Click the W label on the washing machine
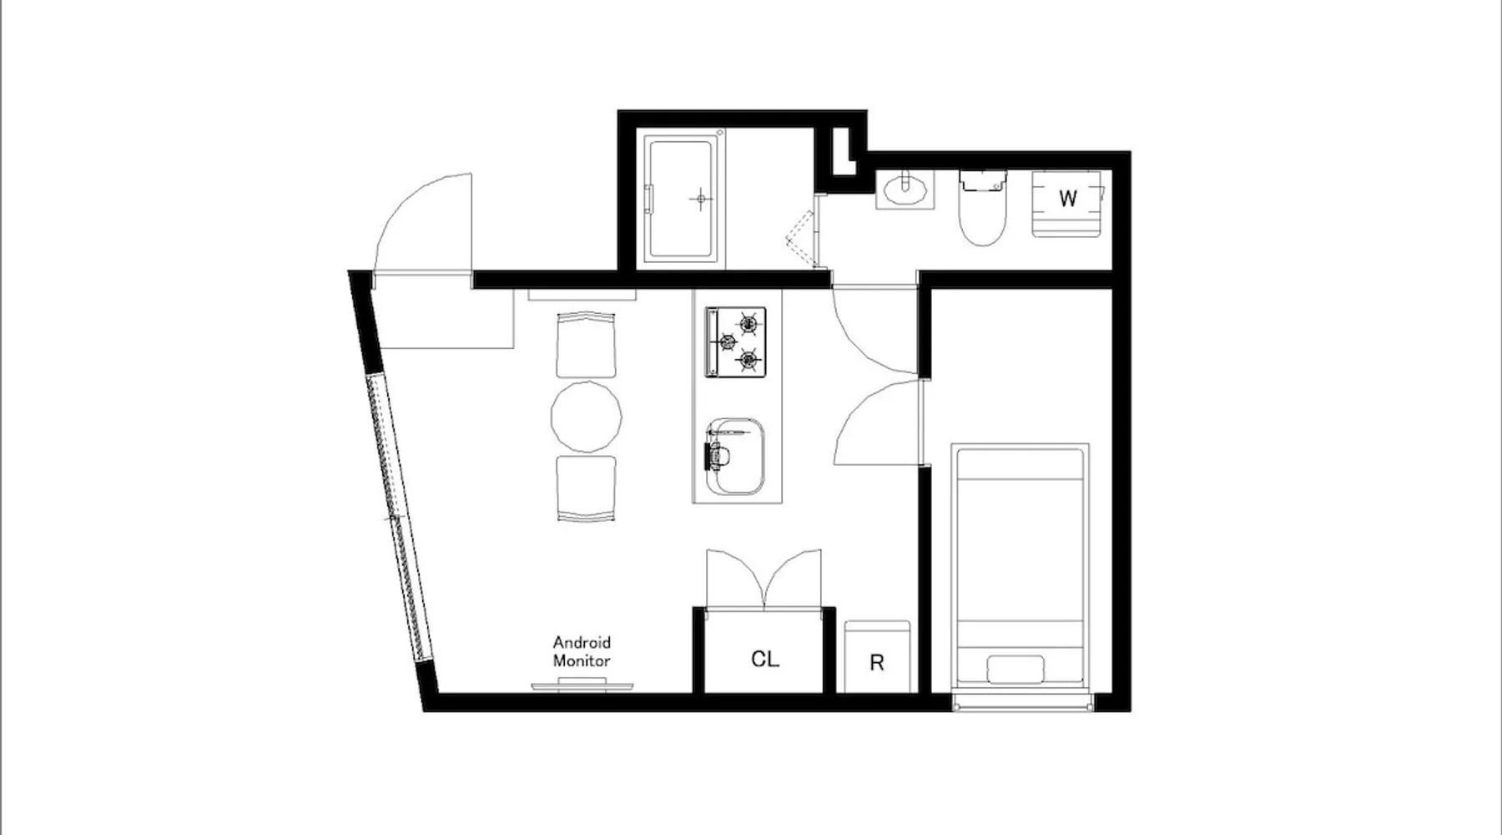point(1067,199)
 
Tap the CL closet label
point(765,659)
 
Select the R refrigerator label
point(876,663)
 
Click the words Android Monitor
point(582,651)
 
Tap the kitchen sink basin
point(735,458)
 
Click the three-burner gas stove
point(735,341)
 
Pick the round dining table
point(587,417)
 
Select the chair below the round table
point(587,488)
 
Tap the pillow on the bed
point(1016,671)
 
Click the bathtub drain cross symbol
point(701,199)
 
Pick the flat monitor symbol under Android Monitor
point(582,685)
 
